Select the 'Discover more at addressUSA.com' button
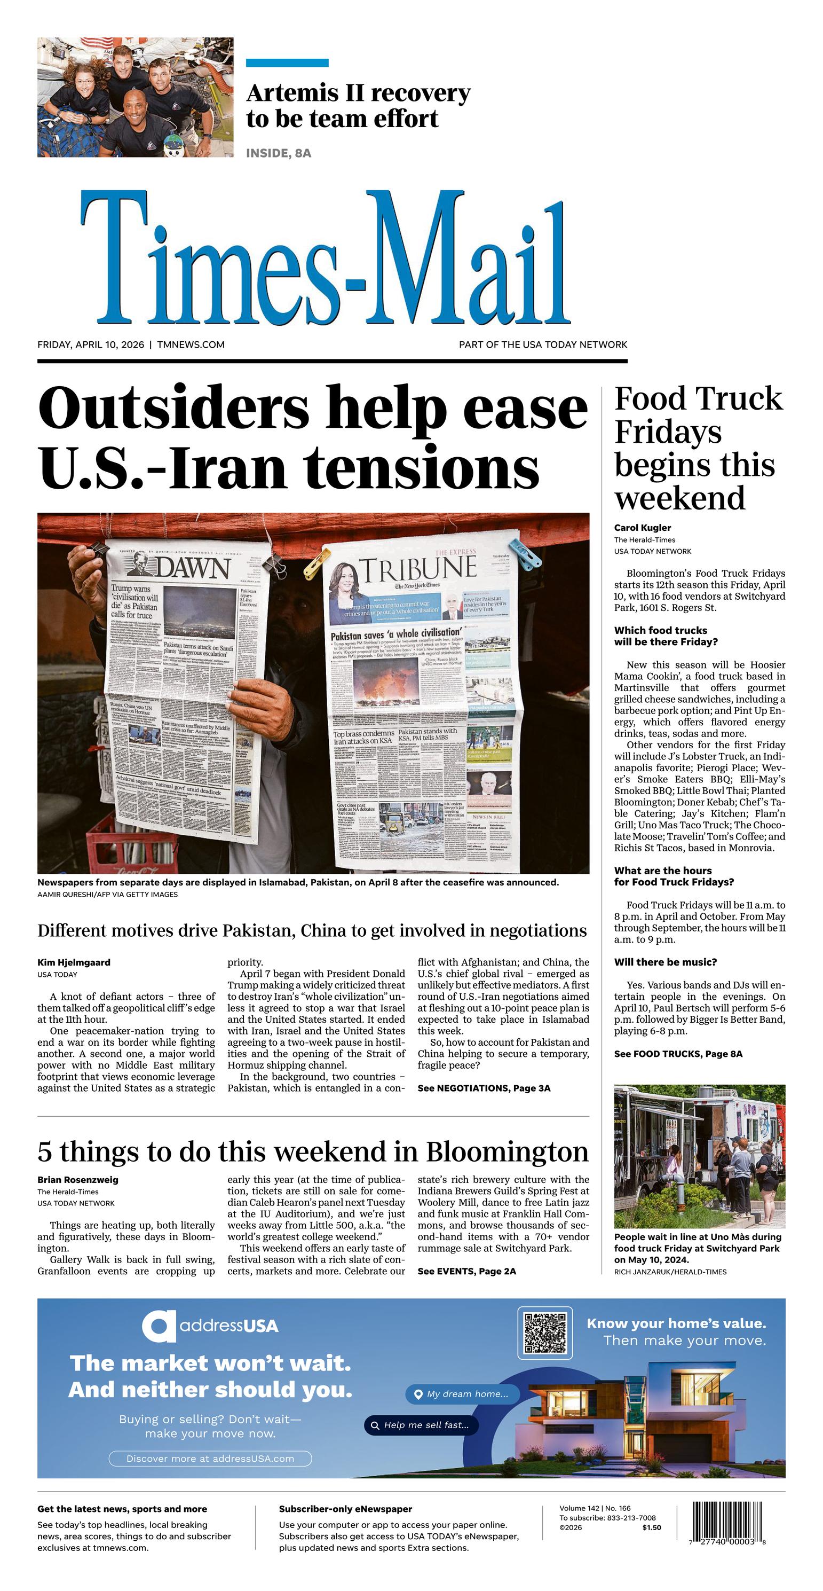tap(210, 1458)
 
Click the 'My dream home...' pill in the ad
tap(462, 1394)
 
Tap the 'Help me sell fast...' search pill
tap(421, 1425)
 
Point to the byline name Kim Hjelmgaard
tap(74, 962)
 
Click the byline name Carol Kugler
tap(642, 528)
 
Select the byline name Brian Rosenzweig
tap(78, 1180)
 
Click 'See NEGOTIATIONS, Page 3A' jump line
tap(484, 1088)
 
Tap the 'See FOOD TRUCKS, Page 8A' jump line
tap(678, 1054)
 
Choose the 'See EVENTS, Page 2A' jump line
tap(466, 1271)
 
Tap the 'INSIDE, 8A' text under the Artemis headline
tap(279, 153)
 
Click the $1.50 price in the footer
tap(651, 1527)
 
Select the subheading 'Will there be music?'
tap(665, 962)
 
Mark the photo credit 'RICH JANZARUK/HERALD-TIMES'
tap(670, 1272)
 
